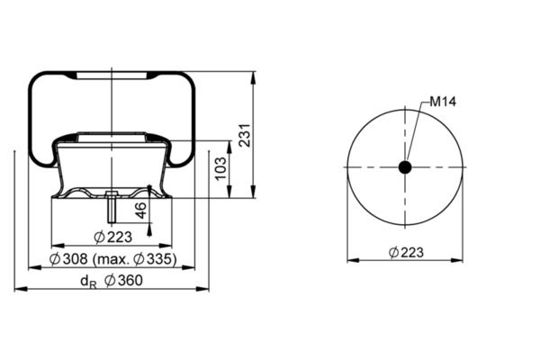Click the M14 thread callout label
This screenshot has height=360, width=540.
443,102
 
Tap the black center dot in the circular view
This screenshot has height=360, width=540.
405,167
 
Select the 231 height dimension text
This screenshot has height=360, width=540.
245,135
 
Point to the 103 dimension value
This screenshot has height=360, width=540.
221,168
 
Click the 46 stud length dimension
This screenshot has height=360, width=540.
140,211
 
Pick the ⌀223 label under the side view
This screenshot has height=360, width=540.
113,237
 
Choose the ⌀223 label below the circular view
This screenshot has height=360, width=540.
406,253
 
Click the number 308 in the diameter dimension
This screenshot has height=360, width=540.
75,259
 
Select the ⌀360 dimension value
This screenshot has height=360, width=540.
123,281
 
